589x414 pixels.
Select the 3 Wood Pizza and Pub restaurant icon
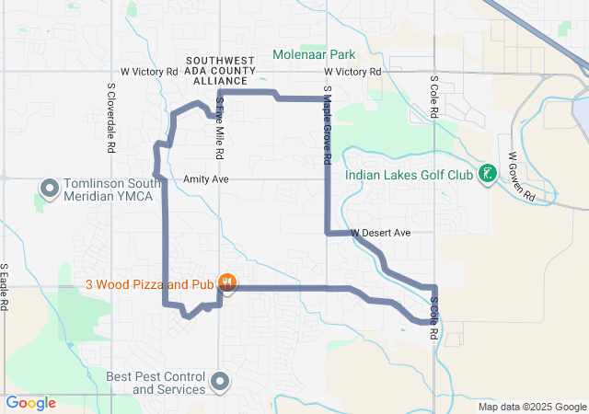pos(226,284)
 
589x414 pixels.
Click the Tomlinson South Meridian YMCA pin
pos(50,190)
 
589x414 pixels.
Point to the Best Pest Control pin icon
pos(220,381)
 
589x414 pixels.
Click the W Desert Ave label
pos(379,233)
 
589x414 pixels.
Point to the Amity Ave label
pos(205,178)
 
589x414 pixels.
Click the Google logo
pos(30,403)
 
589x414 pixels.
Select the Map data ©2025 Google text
pos(531,407)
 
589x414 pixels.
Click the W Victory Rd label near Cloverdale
pos(149,71)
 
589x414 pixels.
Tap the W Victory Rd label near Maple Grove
pos(352,71)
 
